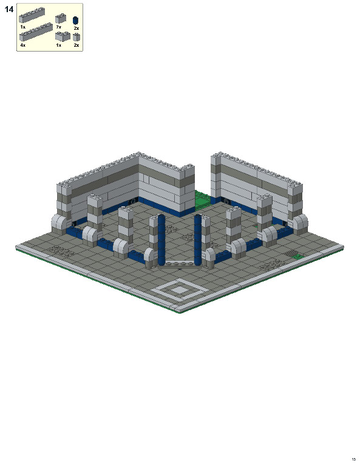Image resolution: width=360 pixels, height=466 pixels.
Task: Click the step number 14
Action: [8, 9]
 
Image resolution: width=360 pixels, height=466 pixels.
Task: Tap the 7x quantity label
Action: [58, 27]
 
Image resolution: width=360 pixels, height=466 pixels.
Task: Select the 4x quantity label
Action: [22, 45]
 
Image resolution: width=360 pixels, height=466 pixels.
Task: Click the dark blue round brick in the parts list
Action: [76, 21]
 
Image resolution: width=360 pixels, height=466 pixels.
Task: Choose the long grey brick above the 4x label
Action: [36, 32]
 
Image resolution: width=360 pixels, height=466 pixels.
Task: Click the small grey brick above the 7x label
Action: [60, 19]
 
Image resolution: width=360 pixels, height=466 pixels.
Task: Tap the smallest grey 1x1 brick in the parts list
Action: [76, 37]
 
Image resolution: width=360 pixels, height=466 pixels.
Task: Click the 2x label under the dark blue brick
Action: [76, 29]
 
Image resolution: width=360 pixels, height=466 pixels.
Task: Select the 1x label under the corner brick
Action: [58, 45]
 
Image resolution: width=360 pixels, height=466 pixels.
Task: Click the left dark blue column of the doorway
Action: [161, 240]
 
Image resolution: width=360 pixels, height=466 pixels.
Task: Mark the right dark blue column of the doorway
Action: [198, 240]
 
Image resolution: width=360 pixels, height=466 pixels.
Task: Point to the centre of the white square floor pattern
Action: [180, 290]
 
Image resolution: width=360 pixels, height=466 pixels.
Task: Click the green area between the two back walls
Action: [203, 198]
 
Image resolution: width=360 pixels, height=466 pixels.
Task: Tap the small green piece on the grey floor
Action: [298, 257]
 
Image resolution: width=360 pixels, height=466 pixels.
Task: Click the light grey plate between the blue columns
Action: [180, 263]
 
